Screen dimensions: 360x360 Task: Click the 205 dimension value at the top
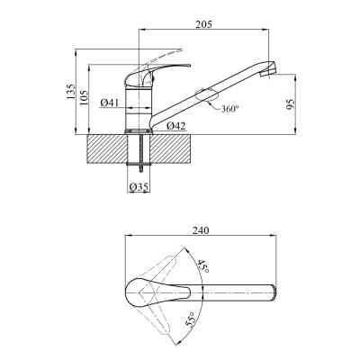(x=203, y=24)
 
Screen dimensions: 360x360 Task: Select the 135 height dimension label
(x=71, y=91)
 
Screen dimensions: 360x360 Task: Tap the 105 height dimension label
(x=85, y=97)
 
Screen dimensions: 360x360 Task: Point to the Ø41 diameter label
(x=109, y=103)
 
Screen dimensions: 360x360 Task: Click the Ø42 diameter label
(x=176, y=126)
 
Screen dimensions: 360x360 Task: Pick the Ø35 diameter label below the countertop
(x=139, y=187)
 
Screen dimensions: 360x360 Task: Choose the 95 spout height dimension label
(x=291, y=103)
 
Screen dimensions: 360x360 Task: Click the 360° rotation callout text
(x=230, y=109)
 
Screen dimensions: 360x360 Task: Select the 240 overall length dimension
(x=201, y=230)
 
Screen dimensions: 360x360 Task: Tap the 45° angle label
(x=202, y=265)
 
